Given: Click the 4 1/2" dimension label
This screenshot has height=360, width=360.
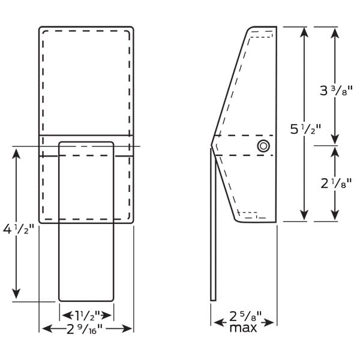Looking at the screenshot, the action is pos(19,229).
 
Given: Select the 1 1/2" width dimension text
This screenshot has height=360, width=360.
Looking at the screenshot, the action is pos(88,315).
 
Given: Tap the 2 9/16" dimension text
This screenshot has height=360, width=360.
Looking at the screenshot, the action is pos(84,329).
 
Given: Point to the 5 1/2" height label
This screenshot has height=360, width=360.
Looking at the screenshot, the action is pos(305,129).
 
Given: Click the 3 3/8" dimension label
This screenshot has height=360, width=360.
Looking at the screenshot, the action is pos(336,91).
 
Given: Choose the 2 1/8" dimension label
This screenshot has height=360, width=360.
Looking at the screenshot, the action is pos(336,184).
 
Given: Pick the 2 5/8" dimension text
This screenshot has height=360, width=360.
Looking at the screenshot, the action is pos(245,316).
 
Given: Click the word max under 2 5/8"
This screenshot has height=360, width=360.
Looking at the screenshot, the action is pos(243,328).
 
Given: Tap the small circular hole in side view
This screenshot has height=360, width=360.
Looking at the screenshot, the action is pos(263,146).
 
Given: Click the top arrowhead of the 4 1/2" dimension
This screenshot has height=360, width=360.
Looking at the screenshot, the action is pos(16,154).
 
